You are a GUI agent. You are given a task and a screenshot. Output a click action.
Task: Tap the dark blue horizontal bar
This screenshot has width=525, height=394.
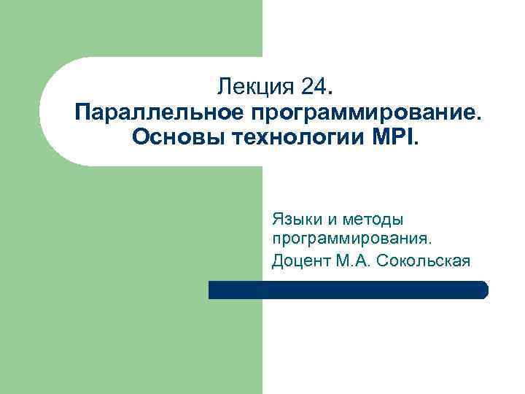pos(348,290)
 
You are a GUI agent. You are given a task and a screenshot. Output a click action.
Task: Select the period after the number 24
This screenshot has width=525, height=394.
pos(334,93)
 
